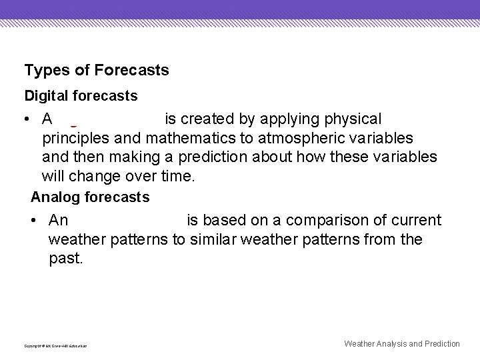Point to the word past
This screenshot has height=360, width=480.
65,259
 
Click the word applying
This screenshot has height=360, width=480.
286,119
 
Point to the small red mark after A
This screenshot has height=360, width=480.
72,125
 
